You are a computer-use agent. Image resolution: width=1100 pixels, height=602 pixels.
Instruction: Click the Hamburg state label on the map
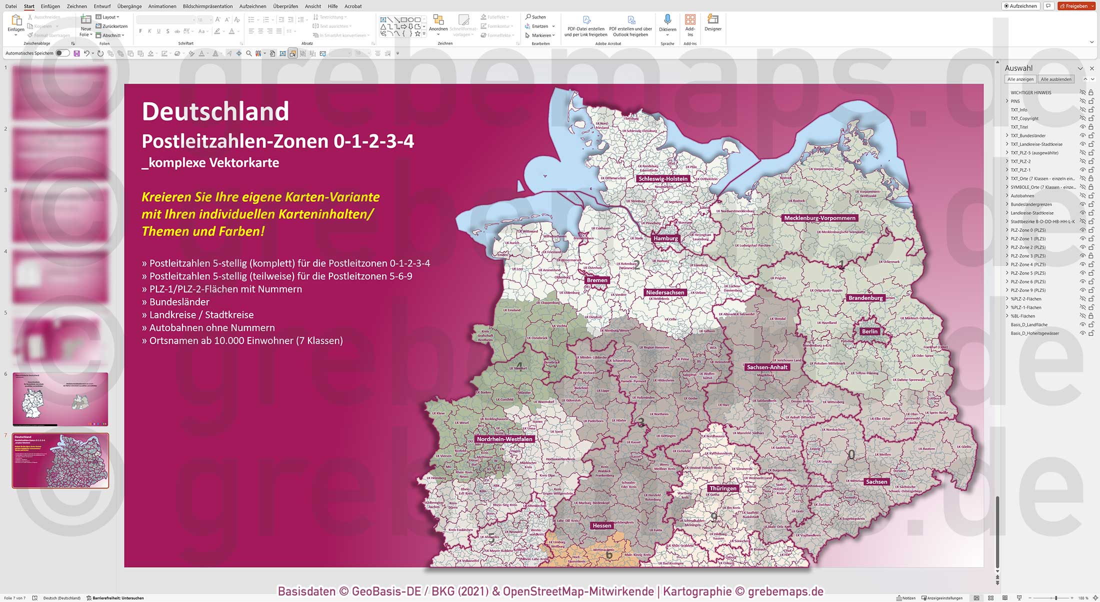(x=665, y=238)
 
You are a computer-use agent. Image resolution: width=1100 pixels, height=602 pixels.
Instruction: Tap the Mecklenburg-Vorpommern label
(x=819, y=218)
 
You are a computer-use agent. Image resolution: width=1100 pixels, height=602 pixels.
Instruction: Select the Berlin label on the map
(x=869, y=331)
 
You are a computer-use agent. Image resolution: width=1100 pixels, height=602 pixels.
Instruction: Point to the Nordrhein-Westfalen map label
(x=504, y=439)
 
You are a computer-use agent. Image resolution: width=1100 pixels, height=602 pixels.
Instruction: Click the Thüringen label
(x=722, y=488)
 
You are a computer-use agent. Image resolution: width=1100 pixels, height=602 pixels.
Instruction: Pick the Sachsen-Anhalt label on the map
(x=766, y=367)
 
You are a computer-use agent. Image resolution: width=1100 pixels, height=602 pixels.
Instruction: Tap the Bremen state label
(x=597, y=280)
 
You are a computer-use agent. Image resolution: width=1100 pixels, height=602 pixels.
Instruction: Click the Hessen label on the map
(x=601, y=525)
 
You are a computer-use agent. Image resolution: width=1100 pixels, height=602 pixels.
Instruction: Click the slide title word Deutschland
(x=215, y=111)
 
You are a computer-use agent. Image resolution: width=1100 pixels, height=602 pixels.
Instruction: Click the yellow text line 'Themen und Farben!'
(x=203, y=231)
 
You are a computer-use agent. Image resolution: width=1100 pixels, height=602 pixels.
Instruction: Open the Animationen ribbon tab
(x=162, y=6)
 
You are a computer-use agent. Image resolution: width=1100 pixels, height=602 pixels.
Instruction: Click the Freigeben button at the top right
(x=1076, y=6)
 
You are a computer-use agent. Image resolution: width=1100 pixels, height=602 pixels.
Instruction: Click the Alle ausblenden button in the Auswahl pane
(x=1056, y=79)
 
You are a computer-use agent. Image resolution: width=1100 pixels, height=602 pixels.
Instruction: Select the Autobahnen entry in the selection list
(x=1022, y=195)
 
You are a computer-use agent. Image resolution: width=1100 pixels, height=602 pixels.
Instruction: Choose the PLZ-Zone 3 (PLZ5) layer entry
(x=1027, y=256)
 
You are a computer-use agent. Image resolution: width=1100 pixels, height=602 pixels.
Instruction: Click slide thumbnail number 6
(x=60, y=399)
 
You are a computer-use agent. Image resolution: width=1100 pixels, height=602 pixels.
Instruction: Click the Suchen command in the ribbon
(x=536, y=17)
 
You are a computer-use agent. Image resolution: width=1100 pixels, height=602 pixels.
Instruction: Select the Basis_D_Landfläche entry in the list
(x=1028, y=324)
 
